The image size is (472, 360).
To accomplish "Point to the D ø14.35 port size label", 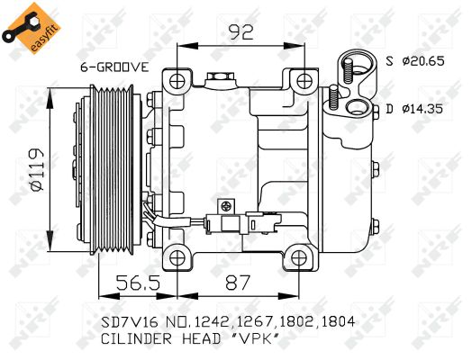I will click(x=417, y=109).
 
